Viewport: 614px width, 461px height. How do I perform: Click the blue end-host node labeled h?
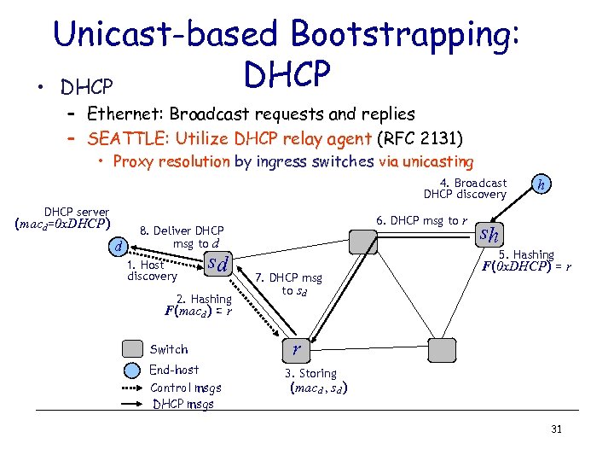541,184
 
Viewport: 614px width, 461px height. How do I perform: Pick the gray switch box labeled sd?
220,265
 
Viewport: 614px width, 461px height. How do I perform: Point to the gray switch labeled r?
295,348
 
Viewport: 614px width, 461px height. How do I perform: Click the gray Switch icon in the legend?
132,349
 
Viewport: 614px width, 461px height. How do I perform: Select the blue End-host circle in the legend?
132,370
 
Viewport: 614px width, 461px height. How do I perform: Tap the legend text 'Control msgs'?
186,388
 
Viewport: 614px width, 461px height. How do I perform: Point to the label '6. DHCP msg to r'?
421,220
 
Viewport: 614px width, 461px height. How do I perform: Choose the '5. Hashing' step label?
526,254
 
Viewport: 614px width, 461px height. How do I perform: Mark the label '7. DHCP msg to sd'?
289,284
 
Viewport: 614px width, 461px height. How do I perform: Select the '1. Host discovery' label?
151,271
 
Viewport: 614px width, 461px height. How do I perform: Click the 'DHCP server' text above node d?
77,212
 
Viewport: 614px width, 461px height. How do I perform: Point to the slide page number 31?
556,429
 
